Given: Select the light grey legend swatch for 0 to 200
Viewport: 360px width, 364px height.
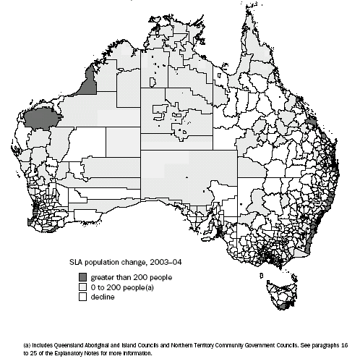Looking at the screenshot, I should [84, 286].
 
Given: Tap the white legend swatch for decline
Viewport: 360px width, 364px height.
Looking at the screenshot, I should [84, 295].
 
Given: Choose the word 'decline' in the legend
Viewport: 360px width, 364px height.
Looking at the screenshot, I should [101, 295].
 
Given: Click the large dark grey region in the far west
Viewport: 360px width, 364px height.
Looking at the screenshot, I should [42, 119].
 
